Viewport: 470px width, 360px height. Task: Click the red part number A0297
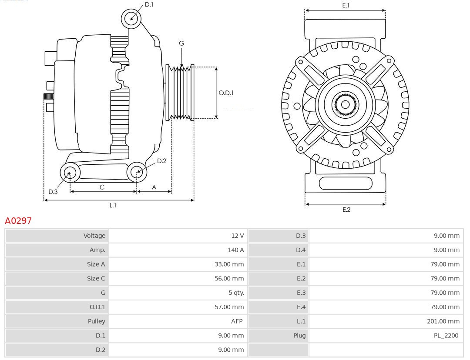(x=18, y=221)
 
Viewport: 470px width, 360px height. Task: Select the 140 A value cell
(x=235, y=250)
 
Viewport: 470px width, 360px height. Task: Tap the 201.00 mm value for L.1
(x=443, y=321)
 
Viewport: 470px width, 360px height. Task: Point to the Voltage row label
(x=94, y=236)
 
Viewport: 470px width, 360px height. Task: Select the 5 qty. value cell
(x=235, y=293)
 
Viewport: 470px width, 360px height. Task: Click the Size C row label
(x=96, y=278)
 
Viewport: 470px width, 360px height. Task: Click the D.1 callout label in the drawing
(x=149, y=4)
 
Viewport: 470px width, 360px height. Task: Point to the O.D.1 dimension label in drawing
(x=226, y=93)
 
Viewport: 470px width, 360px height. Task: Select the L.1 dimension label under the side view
(x=113, y=205)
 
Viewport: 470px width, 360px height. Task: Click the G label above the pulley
(x=181, y=43)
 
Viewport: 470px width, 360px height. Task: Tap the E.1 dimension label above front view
(x=346, y=5)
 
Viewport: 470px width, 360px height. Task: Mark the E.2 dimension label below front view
(x=346, y=210)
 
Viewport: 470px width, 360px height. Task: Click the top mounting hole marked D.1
(x=131, y=18)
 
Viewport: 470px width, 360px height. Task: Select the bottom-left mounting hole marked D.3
(x=69, y=173)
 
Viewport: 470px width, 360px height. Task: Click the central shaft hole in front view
(x=345, y=104)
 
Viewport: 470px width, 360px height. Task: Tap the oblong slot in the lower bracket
(x=346, y=183)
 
